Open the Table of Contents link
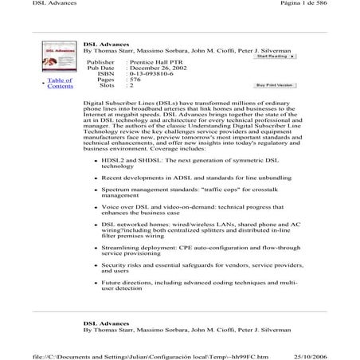tap(60, 84)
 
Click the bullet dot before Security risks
tap(96, 264)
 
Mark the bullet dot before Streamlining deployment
tap(96, 248)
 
